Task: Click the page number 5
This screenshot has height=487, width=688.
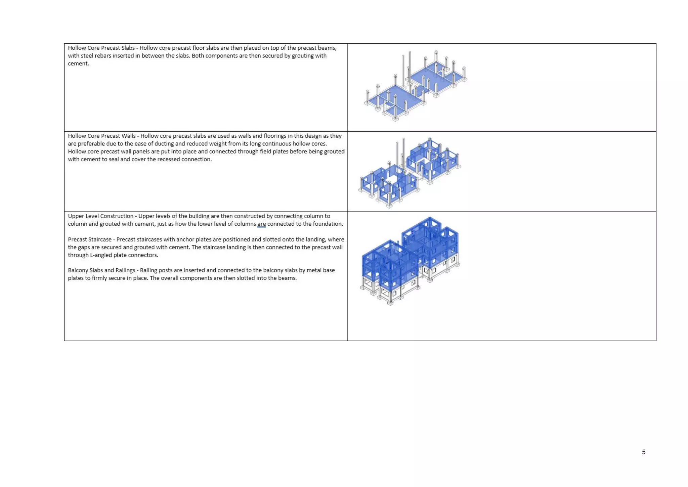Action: click(x=643, y=452)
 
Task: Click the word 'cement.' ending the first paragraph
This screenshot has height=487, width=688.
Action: click(x=78, y=63)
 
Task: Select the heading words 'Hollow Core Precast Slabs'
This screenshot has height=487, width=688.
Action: click(x=101, y=48)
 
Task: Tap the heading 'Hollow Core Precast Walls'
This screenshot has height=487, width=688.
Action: click(x=102, y=136)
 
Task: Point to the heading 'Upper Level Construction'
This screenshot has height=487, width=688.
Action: click(x=100, y=216)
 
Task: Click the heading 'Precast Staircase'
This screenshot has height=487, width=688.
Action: click(x=90, y=239)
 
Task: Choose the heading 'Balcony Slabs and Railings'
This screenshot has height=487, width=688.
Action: click(x=101, y=270)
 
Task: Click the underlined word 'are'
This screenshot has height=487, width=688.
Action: click(x=261, y=224)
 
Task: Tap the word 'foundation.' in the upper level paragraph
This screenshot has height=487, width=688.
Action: click(x=328, y=224)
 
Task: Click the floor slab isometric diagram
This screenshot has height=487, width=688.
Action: click(x=416, y=86)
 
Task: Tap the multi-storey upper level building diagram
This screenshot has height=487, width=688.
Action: click(x=410, y=261)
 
